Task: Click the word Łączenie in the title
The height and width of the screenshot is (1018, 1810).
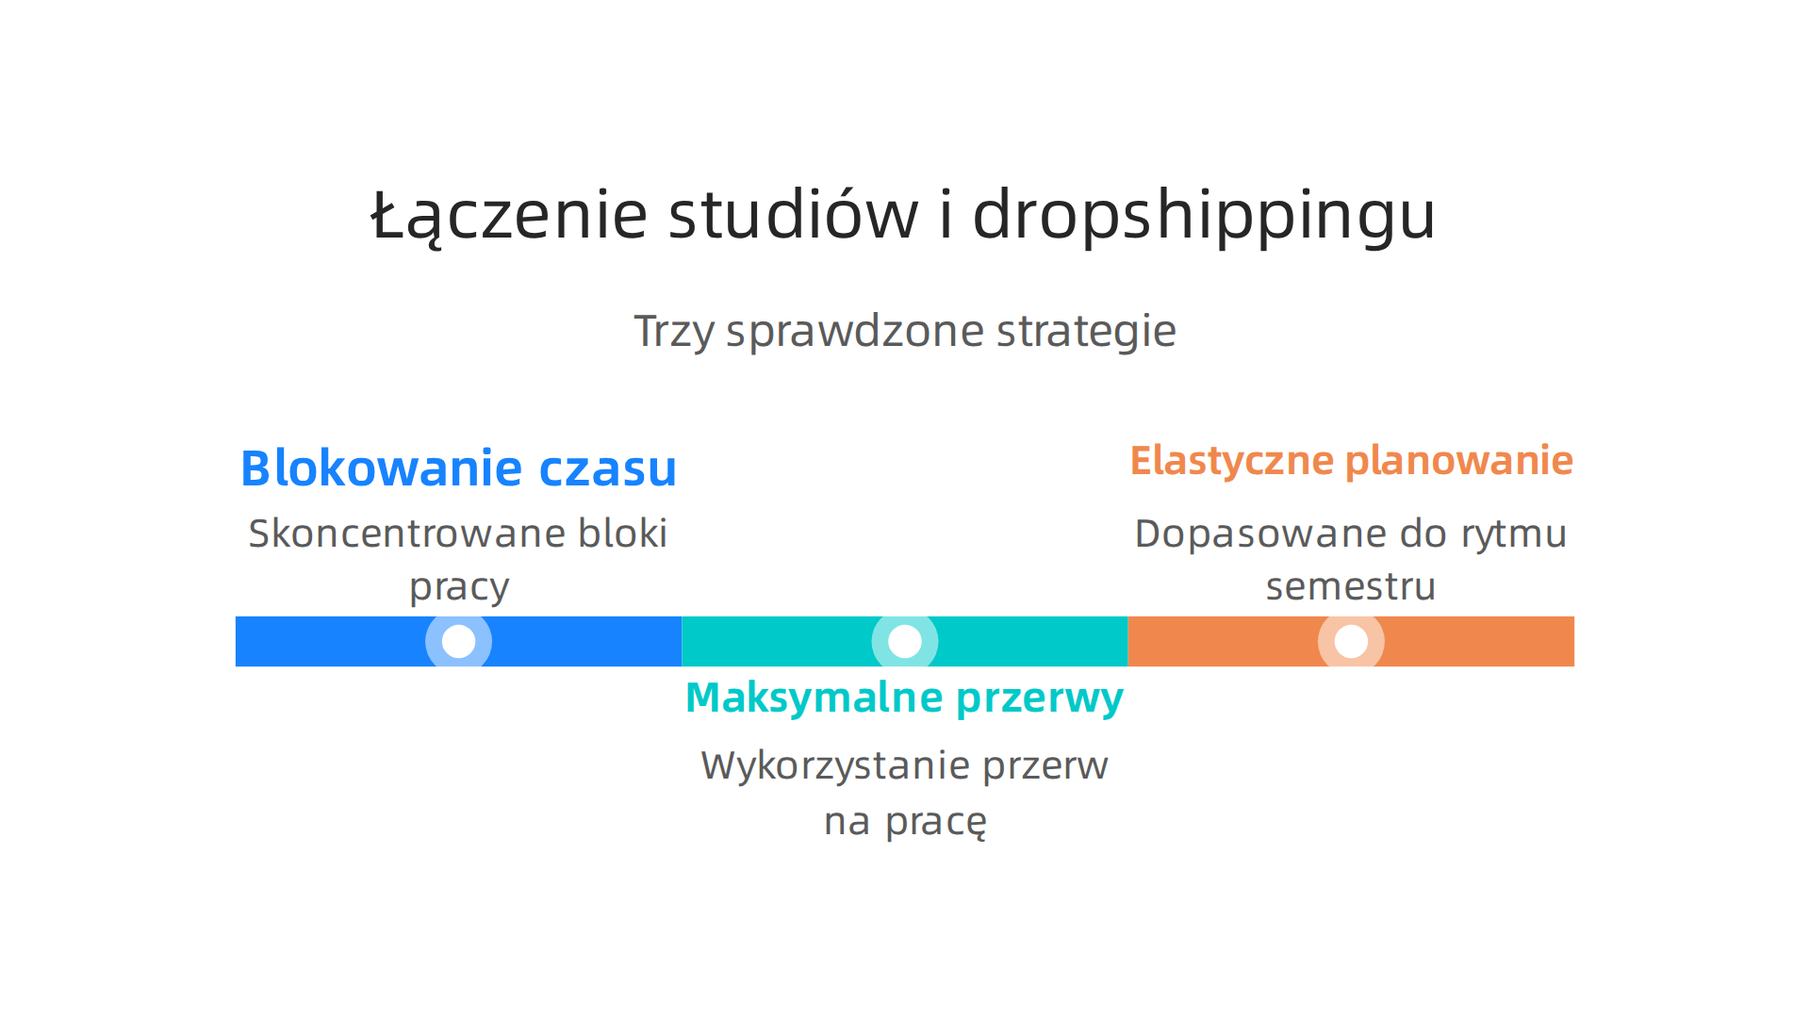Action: [x=509, y=216]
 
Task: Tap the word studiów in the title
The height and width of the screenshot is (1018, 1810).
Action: [x=793, y=214]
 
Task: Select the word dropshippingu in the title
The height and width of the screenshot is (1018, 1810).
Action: [x=1203, y=216]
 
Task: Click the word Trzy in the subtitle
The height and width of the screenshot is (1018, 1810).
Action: [x=673, y=332]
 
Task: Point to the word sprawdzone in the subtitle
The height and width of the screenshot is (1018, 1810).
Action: [x=854, y=332]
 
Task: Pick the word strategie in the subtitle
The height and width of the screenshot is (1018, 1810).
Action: [x=1086, y=332]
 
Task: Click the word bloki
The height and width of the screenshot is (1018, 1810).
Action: [x=622, y=534]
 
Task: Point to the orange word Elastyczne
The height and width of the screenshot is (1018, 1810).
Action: [x=1231, y=461]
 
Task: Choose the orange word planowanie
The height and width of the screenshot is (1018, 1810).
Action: [x=1458, y=461]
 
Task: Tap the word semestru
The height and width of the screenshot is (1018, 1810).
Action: [x=1350, y=586]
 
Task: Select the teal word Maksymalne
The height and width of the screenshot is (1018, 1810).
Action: [x=814, y=698]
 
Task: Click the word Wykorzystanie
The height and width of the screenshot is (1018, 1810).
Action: [x=835, y=765]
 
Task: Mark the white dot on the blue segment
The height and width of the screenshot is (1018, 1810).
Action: [x=458, y=641]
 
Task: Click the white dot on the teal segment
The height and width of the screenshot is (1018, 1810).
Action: [x=905, y=641]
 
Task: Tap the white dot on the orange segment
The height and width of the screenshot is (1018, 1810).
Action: [x=1351, y=641]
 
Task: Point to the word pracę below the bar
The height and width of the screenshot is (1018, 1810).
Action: [x=935, y=822]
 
